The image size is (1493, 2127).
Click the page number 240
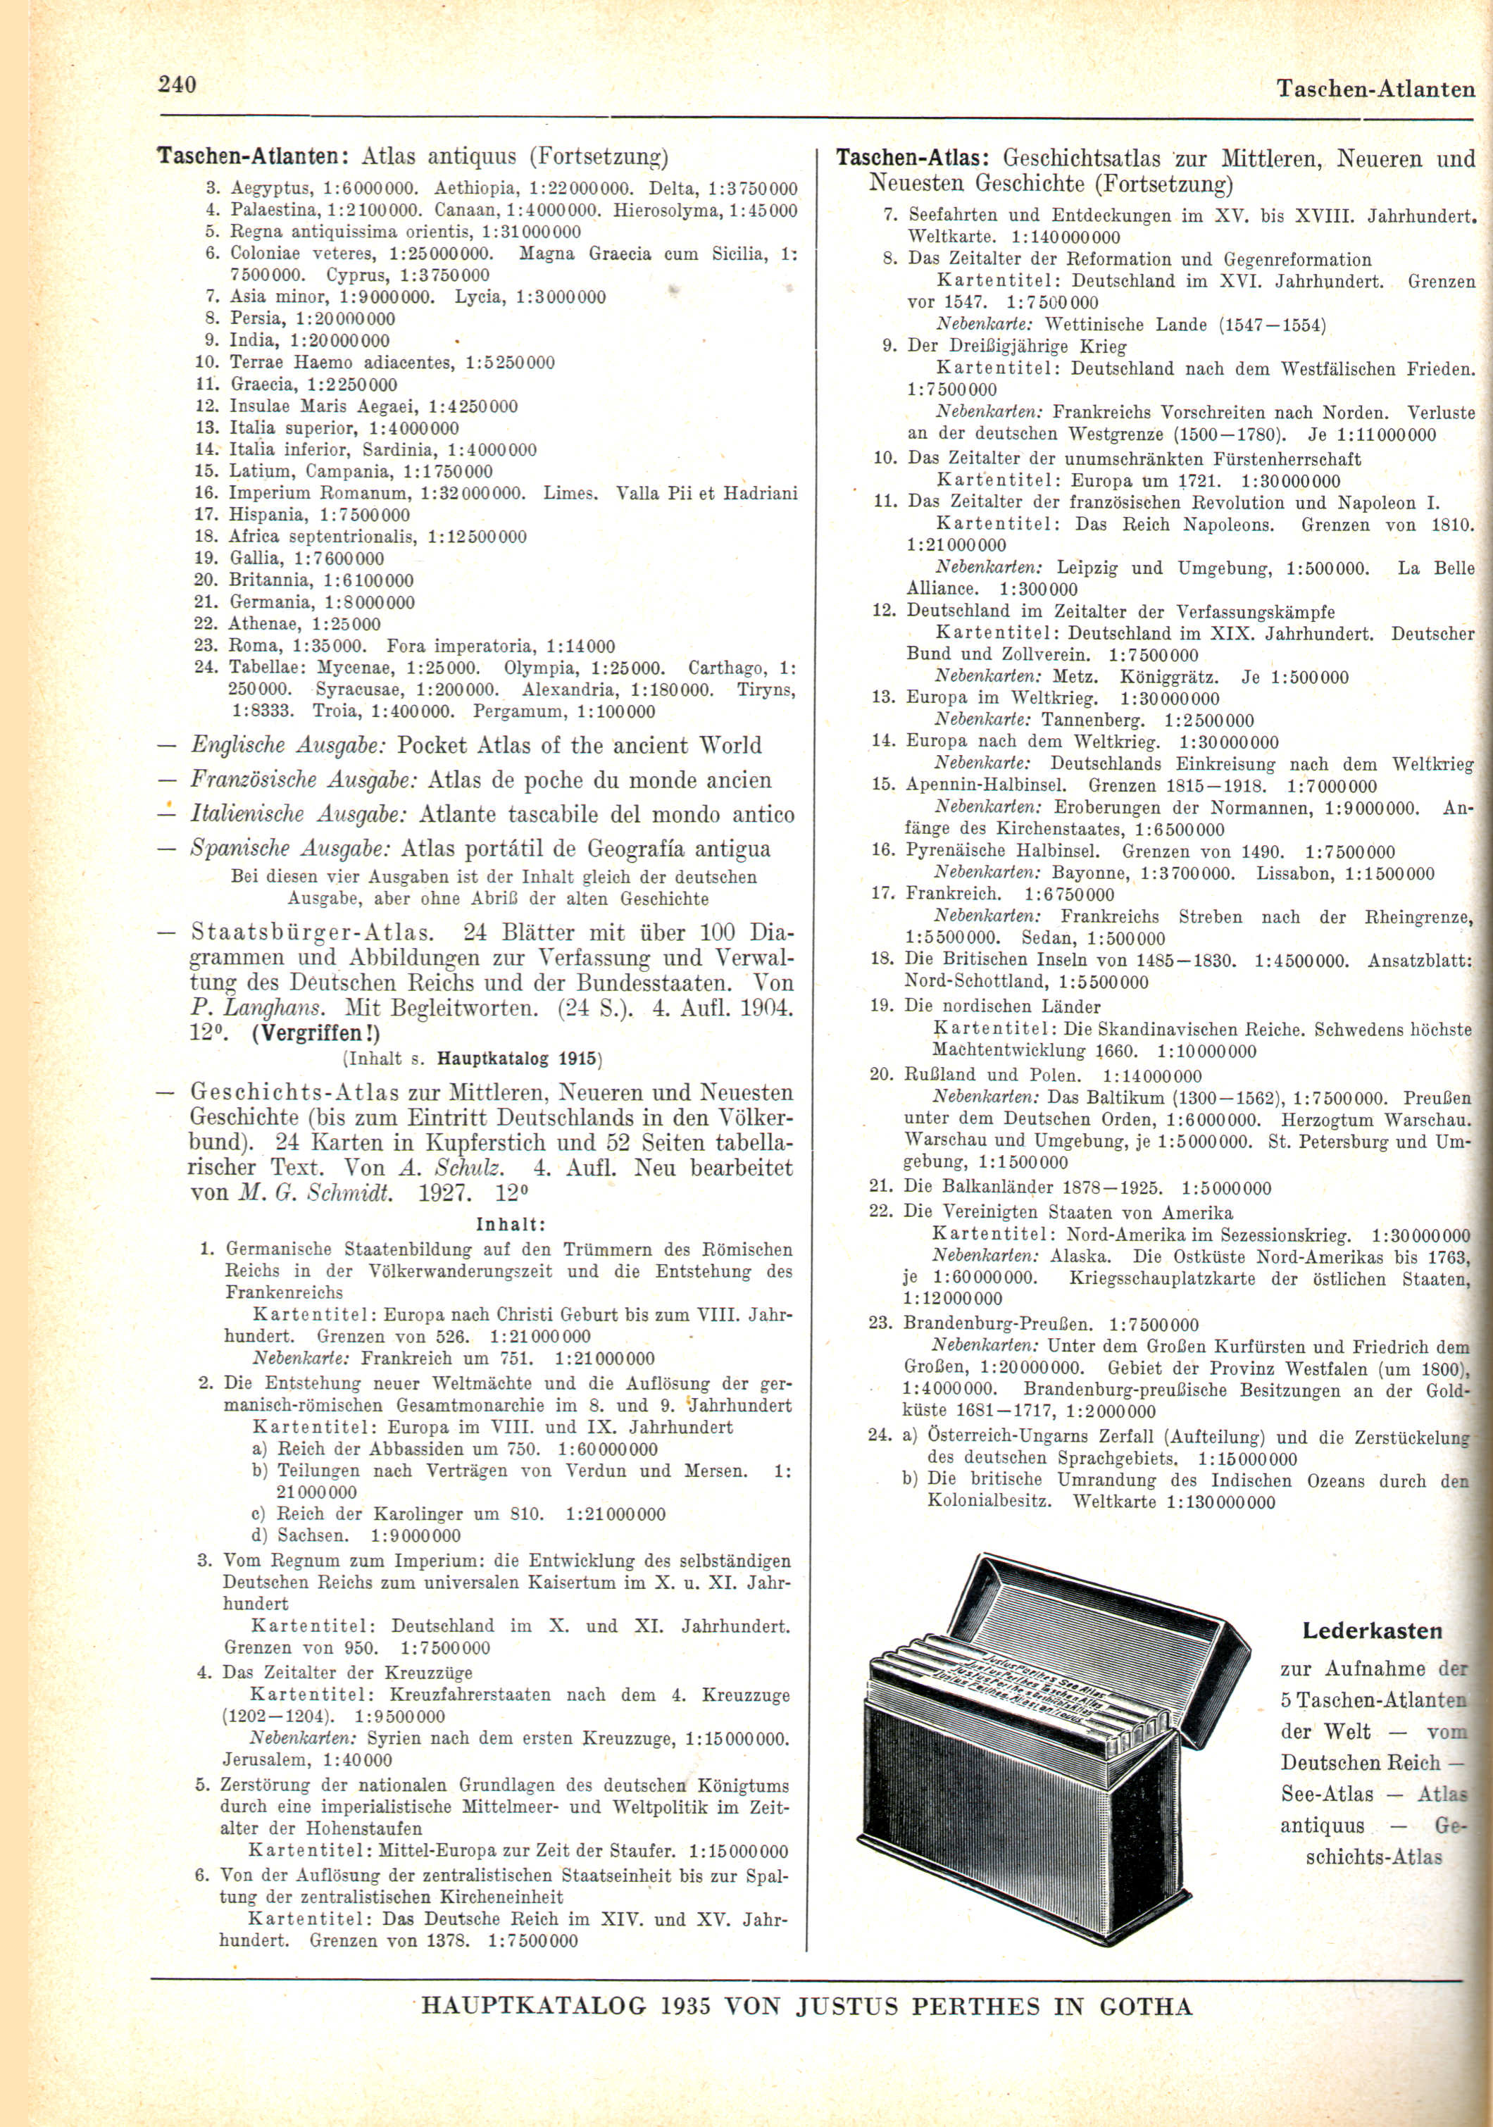[x=177, y=85]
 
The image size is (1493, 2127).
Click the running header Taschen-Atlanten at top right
[x=1375, y=89]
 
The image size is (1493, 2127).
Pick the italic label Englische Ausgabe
[x=288, y=746]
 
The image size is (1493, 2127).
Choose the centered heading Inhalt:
[x=511, y=1225]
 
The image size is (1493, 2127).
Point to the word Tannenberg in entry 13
[x=1093, y=720]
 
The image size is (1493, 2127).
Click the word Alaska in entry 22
[x=1079, y=1257]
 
